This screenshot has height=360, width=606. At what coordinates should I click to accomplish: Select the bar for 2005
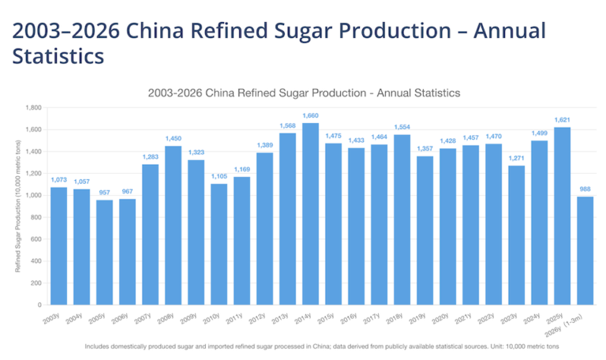tap(104, 252)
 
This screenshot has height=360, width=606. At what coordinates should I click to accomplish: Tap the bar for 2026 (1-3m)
tap(585, 250)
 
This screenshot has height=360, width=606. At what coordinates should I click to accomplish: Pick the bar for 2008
tap(173, 225)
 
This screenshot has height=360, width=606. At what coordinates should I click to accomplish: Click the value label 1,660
tap(310, 115)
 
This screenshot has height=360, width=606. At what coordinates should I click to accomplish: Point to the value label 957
tap(104, 193)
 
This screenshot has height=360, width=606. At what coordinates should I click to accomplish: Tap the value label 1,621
tap(562, 120)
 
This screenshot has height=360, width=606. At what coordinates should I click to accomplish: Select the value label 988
tap(585, 189)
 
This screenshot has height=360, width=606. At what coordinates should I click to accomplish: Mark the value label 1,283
tap(150, 156)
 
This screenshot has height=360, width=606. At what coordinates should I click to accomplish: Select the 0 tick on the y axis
tap(39, 305)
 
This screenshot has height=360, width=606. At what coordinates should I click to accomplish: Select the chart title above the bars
tap(304, 92)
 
